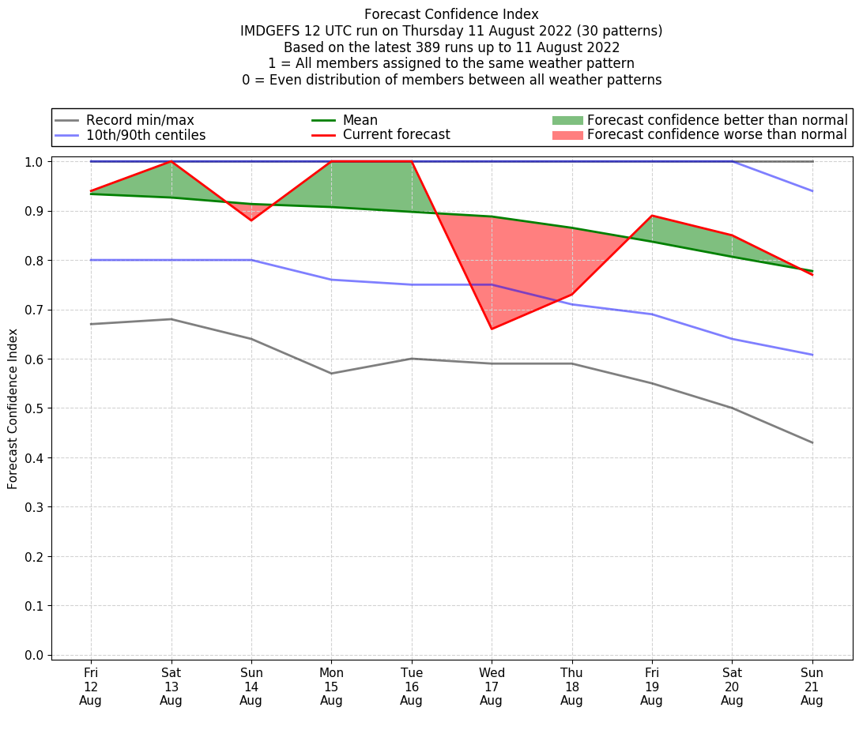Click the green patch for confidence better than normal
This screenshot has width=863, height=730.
[x=567, y=120]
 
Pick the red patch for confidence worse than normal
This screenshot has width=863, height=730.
[x=567, y=135]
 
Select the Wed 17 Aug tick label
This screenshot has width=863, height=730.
[x=491, y=686]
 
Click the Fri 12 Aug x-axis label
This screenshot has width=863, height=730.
[x=91, y=686]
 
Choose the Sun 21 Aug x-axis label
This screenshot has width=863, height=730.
[x=812, y=686]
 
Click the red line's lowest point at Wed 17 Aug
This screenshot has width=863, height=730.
[x=492, y=329]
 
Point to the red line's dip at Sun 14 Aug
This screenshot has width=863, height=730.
[x=251, y=220]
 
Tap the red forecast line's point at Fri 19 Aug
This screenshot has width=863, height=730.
[x=652, y=216]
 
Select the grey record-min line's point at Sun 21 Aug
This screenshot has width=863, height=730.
[x=812, y=442]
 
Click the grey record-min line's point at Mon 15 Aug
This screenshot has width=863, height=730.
[x=331, y=374]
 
